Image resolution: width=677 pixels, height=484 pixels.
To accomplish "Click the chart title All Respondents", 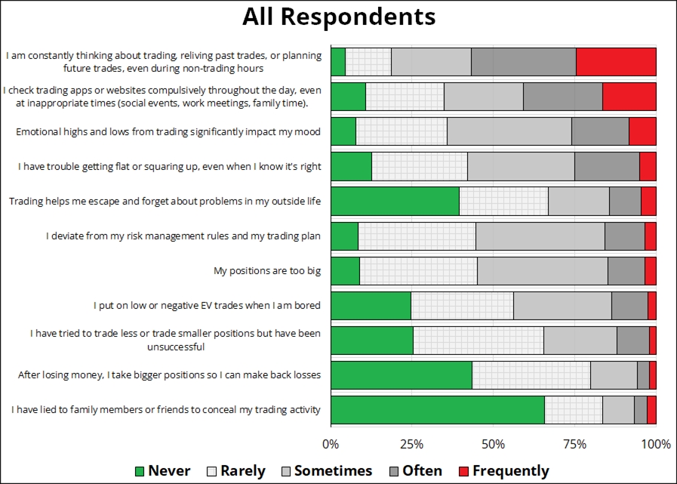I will tap(338, 17).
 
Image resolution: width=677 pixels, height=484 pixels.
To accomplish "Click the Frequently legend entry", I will tap(504, 470).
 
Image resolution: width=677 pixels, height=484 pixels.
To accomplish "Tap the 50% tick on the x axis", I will tap(493, 444).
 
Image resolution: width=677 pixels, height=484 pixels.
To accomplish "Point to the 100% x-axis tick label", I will tap(656, 444).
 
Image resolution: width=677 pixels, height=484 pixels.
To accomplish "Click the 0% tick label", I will tap(331, 444).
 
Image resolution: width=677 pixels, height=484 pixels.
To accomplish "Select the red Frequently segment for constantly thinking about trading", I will tap(616, 62).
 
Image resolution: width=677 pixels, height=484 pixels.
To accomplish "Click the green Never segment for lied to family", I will tap(437, 410).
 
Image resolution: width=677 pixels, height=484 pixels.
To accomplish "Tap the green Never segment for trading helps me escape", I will tap(395, 201).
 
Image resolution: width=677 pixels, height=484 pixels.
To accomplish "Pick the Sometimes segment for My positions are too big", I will tap(542, 271).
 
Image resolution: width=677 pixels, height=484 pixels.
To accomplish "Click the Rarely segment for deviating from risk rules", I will tap(417, 236).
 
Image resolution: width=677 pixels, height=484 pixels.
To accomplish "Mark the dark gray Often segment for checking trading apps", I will tap(562, 97).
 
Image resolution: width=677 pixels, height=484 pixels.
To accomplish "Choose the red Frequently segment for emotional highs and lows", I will tap(642, 131).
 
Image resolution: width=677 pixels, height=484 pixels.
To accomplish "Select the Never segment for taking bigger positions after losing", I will tap(401, 375).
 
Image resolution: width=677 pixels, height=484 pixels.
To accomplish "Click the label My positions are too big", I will tap(267, 271).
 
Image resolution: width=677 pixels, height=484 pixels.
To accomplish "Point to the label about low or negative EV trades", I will tap(207, 306).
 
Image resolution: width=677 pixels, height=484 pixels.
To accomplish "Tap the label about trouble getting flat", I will tap(169, 166).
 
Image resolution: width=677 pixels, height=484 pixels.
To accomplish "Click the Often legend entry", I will tap(414, 470).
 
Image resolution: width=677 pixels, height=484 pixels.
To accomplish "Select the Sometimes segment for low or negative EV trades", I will tap(562, 306).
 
